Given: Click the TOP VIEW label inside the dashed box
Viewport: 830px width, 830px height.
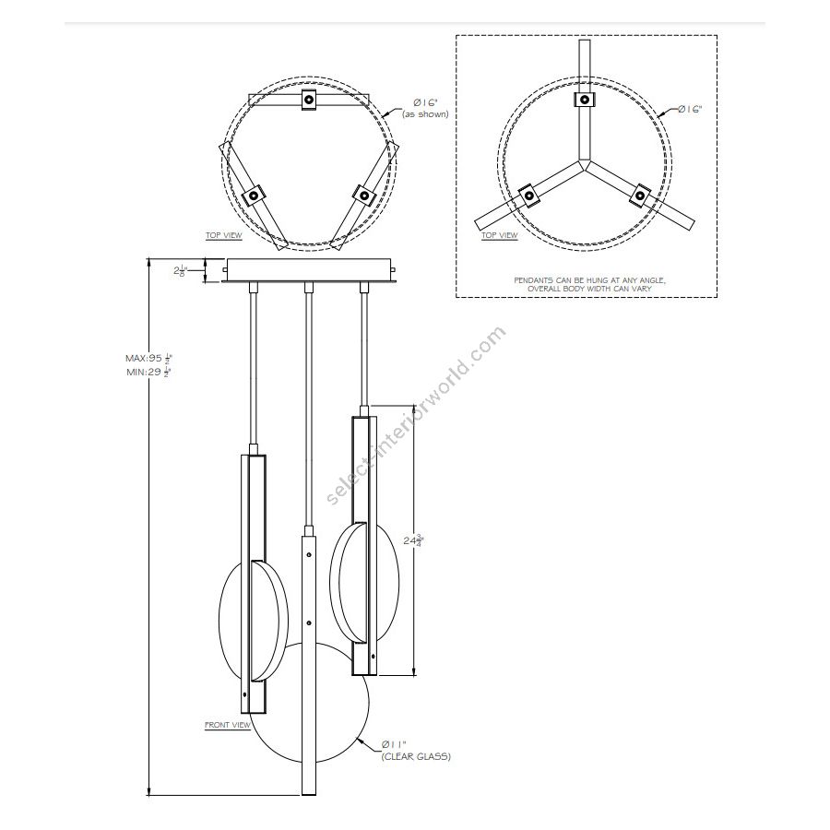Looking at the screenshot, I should (500, 235).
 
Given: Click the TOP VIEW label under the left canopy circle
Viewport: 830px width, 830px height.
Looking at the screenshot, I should (223, 235).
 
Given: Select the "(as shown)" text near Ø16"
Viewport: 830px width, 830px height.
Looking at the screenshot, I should (425, 114).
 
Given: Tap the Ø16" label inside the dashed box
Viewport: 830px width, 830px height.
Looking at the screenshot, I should (689, 109).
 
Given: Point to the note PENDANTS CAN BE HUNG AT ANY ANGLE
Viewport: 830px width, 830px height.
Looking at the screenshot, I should (587, 279).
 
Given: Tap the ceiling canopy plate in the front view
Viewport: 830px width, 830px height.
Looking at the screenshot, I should (310, 271).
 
